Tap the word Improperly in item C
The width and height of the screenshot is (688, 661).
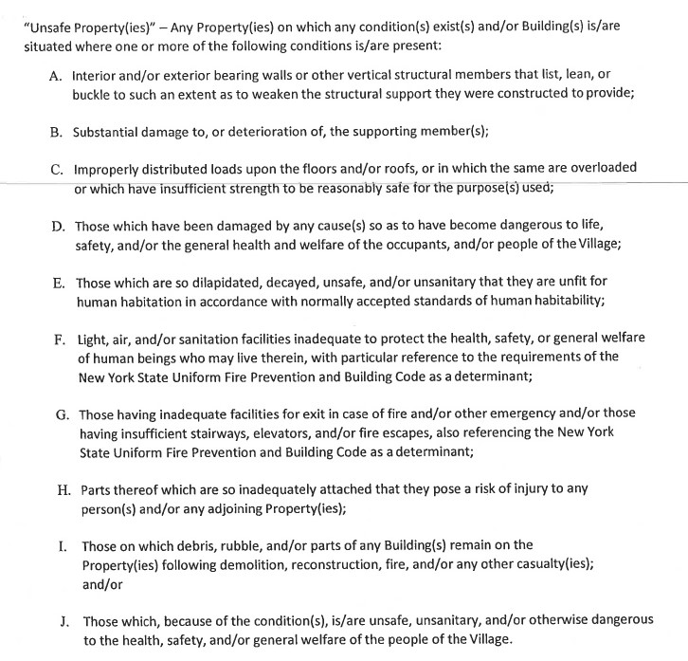pos(110,169)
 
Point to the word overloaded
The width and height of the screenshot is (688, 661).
pos(600,169)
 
